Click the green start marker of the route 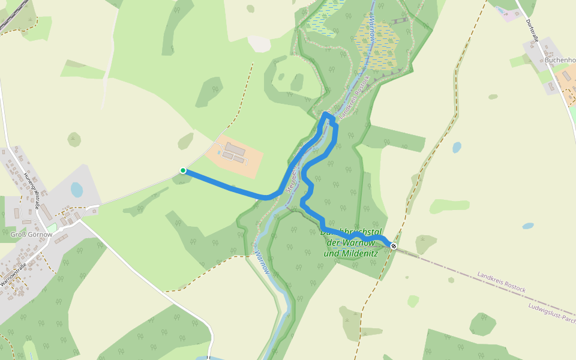183,170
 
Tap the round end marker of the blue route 394,245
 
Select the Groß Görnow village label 31,235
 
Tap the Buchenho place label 560,60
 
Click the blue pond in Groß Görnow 77,190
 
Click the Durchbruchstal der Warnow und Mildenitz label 350,242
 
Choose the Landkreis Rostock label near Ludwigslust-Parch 502,282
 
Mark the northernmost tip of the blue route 326,113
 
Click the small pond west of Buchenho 457,147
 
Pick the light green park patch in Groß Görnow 53,228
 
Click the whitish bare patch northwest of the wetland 259,43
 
